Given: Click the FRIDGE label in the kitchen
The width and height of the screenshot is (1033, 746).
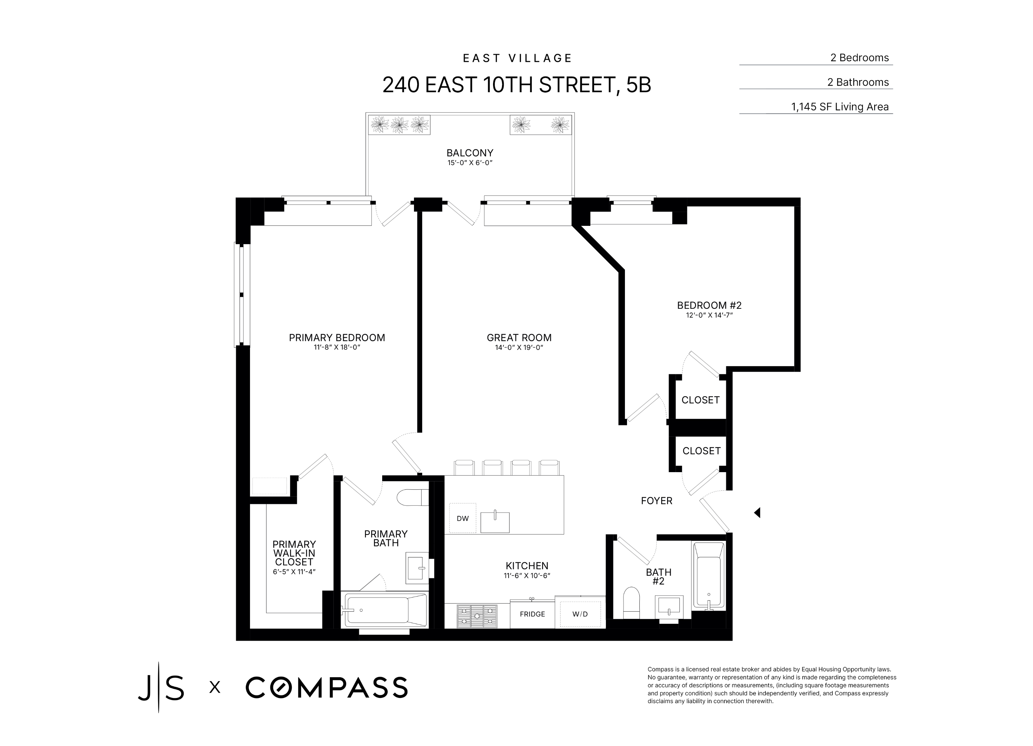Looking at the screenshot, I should [x=532, y=614].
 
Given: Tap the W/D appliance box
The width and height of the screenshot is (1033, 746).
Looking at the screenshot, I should [x=580, y=614].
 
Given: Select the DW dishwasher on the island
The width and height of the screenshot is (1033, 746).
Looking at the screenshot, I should [x=462, y=518].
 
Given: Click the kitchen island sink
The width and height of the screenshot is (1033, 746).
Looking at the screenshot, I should [x=495, y=522].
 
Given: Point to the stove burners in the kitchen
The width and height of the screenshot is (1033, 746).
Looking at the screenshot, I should [x=476, y=616].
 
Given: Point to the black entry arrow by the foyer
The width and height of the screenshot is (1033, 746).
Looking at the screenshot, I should [x=757, y=513].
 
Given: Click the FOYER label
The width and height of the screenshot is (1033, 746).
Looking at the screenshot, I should [x=656, y=501].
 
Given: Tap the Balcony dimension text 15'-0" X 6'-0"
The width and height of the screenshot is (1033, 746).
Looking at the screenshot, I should [x=470, y=163].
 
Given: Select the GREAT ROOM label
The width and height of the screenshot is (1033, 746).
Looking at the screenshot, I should [x=519, y=338].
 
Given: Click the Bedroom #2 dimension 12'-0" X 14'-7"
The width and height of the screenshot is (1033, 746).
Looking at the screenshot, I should [x=709, y=315].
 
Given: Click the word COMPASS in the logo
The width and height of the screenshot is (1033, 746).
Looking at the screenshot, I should [x=326, y=687].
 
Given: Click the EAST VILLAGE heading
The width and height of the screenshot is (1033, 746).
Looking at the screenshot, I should [x=517, y=58].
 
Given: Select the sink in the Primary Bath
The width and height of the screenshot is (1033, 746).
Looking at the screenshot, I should [x=416, y=568].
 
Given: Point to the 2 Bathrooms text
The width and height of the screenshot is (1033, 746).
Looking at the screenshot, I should [x=858, y=82].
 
